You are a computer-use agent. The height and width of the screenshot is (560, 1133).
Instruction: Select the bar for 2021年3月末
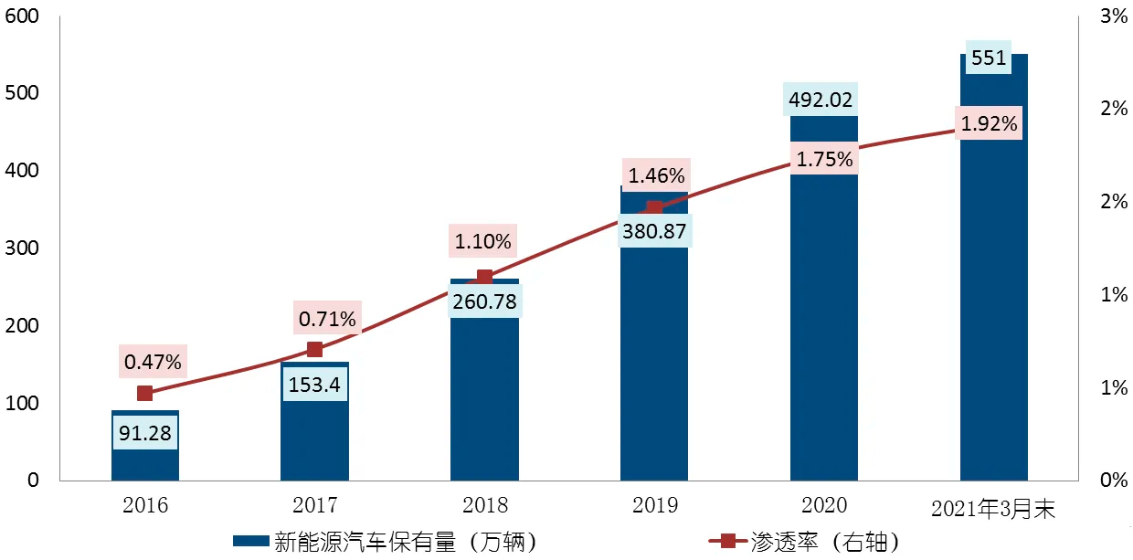[x=993, y=320]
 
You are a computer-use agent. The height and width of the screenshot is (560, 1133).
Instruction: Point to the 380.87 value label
[x=654, y=231]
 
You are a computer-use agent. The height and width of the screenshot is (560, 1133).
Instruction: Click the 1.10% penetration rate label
[x=484, y=242]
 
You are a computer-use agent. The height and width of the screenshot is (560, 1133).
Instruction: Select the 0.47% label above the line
[x=154, y=362]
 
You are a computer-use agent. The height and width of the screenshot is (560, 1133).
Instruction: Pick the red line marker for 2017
[x=315, y=349]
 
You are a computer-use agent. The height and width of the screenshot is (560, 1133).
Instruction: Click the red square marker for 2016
[x=144, y=394]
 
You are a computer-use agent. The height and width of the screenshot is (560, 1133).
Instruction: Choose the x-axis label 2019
[x=654, y=505]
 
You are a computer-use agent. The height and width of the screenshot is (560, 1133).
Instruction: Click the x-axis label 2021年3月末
[x=993, y=510]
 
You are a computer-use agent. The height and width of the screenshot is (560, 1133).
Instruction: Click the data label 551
[x=989, y=58]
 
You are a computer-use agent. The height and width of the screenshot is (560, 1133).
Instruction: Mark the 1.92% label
[x=990, y=123]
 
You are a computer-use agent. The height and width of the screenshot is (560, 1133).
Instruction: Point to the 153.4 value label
[x=314, y=385]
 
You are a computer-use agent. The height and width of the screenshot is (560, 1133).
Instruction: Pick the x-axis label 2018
[x=484, y=505]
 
